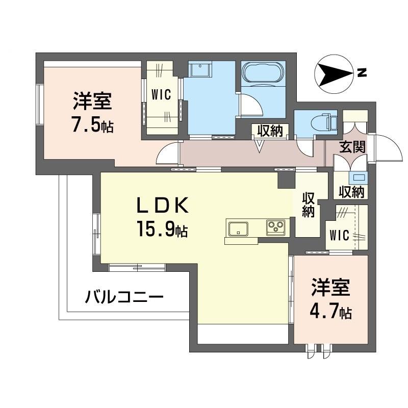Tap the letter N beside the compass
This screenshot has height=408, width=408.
[362, 72]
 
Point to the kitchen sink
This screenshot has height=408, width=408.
[238, 228]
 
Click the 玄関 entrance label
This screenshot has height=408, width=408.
[352, 147]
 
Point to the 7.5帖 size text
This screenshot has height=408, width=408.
[92, 125]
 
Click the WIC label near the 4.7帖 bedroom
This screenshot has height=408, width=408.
[340, 236]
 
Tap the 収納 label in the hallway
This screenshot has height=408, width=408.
[269, 131]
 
